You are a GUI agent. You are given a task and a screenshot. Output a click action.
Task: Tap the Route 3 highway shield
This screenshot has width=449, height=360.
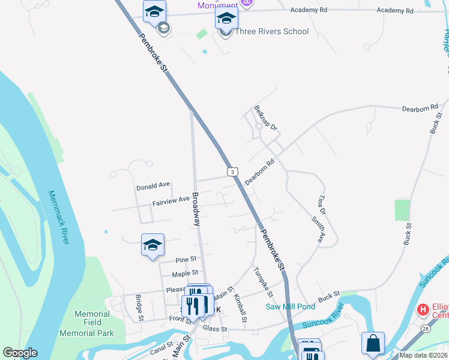click(x=232, y=172)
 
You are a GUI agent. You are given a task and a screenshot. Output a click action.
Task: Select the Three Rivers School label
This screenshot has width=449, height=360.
click(x=271, y=31)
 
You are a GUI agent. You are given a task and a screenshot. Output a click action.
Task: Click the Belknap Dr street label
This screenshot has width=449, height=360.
click(x=266, y=119)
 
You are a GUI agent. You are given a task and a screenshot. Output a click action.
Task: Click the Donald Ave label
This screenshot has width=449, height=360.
click(x=153, y=187)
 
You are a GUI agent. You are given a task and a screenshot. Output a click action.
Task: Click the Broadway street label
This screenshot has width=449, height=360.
click(x=196, y=209)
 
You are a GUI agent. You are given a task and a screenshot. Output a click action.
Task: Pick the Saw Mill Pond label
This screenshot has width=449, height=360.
click(x=291, y=307)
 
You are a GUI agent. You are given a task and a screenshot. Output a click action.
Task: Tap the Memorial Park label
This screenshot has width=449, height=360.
click(x=87, y=333)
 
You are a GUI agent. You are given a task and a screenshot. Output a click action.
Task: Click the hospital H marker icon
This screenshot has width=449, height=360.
click(x=423, y=310)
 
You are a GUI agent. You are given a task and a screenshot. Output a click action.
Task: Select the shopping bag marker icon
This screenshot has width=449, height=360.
click(x=373, y=344)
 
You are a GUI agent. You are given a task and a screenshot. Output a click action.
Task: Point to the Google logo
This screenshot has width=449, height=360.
click(x=20, y=353)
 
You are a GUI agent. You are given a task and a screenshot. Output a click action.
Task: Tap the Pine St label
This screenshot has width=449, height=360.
click(x=186, y=259)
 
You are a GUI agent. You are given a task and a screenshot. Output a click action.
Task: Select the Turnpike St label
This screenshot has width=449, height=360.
click(x=263, y=282)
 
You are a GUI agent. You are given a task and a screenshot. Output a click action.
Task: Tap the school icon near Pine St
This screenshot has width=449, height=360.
click(x=152, y=245)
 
